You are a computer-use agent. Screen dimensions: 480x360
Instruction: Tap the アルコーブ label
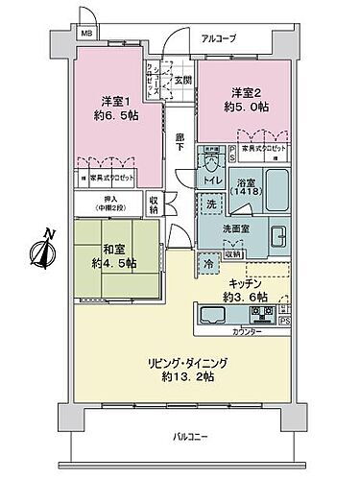coord(219,39)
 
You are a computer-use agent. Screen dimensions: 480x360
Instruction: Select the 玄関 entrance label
coord(182,80)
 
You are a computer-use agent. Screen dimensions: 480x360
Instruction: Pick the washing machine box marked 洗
coord(210,204)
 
